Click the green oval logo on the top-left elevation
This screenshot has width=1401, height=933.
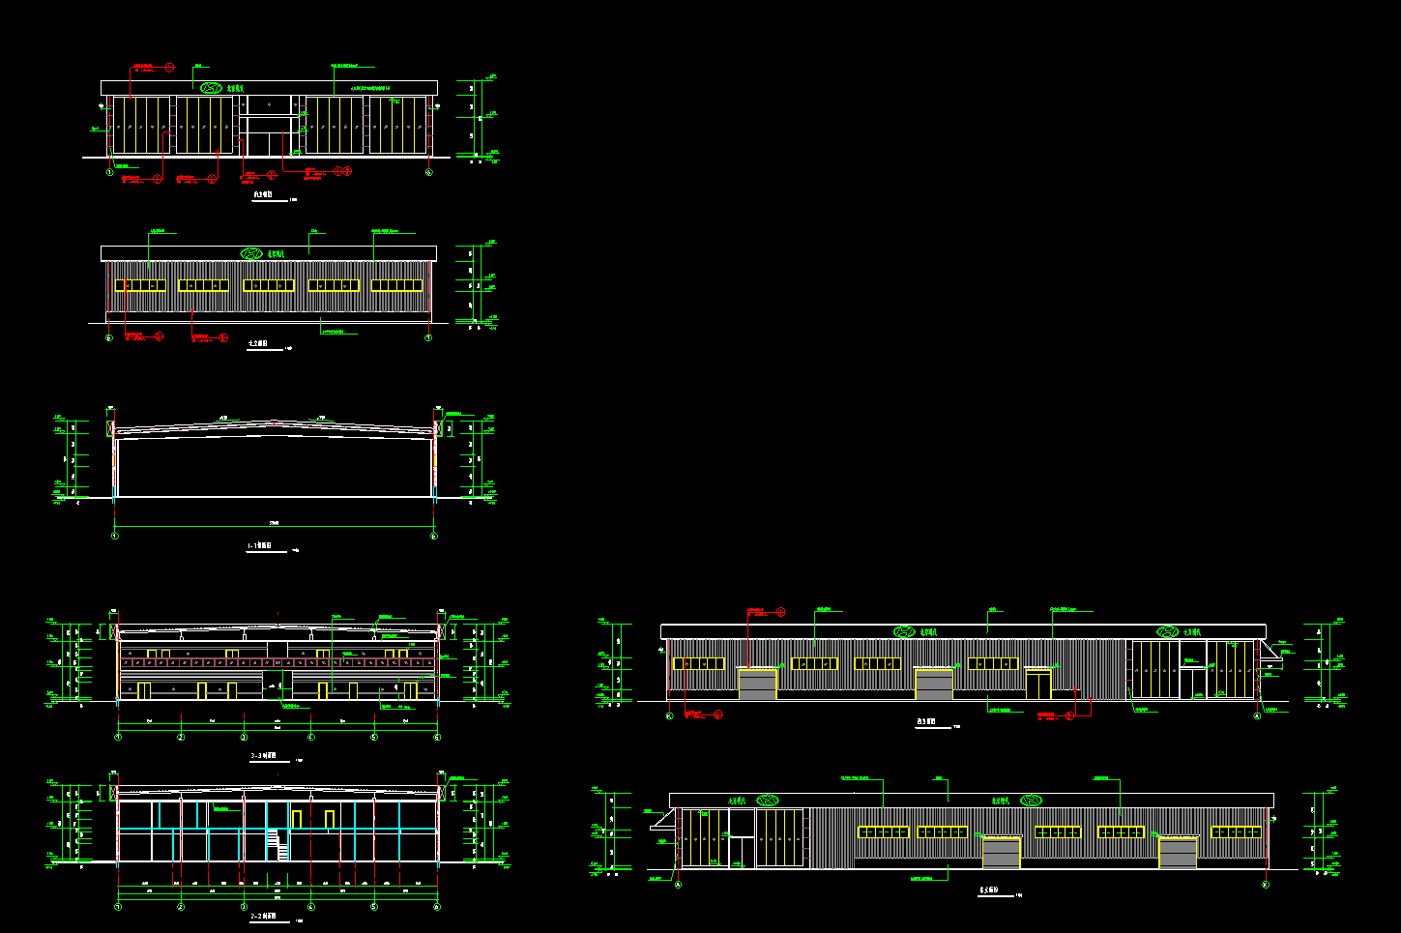tap(211, 88)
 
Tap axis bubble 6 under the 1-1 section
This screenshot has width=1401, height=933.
tap(433, 536)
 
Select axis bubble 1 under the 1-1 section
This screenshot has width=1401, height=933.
tap(115, 536)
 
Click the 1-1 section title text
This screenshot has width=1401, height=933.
tap(260, 546)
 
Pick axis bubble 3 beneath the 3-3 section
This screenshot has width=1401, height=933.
tap(244, 737)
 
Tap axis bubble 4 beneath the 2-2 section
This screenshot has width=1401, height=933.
tap(310, 907)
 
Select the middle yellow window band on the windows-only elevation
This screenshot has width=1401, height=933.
tap(269, 285)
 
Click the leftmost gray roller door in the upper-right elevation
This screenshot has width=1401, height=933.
tap(758, 684)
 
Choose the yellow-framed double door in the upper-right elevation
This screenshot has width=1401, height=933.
tap(1038, 685)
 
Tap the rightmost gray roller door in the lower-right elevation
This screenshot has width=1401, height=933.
tap(1179, 853)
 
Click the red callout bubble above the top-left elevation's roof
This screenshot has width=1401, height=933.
tap(169, 67)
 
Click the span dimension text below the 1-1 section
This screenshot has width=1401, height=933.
tap(274, 523)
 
